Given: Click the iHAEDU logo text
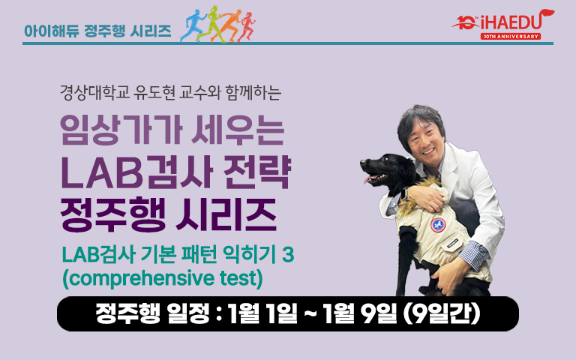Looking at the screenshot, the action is pos(511,23).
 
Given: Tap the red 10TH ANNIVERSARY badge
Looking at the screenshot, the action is pos(511,36).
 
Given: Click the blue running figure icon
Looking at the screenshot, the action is pos(193,25).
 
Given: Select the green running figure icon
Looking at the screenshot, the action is pos(211,23).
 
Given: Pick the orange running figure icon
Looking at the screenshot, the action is pos(229,25).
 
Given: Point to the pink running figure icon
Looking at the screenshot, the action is pos(247,27).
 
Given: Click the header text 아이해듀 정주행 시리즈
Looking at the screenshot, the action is pos(97,31).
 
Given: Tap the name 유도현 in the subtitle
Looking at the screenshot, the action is pos(154,92).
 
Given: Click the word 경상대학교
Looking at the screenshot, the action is pos(94,92).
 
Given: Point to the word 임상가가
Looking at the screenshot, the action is pos(121,130).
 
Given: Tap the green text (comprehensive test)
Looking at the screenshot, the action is pos(163,279).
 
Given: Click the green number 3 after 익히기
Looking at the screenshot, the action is pos(288,254).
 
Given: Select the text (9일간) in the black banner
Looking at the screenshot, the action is pos(442,314).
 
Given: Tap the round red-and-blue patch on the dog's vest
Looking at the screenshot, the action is pos(438,225).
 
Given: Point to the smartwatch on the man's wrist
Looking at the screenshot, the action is pos(404,193).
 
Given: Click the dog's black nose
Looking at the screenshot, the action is pos(364,162).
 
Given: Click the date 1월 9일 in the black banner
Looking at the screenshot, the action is pos(360,314).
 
